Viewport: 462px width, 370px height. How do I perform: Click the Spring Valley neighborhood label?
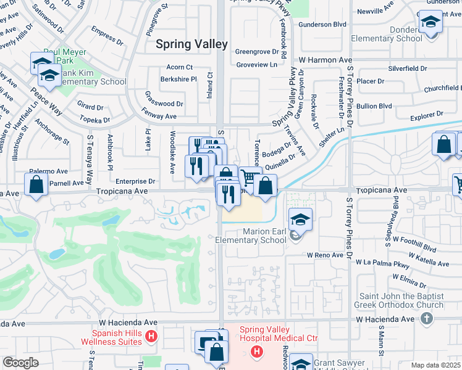point(191,44)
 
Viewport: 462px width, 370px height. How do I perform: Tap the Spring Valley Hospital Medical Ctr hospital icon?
point(256,351)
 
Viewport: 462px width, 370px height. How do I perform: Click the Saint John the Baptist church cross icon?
point(426,319)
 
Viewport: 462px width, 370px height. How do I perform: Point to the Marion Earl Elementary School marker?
point(300,219)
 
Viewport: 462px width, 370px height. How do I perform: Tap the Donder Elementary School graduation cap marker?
point(430,23)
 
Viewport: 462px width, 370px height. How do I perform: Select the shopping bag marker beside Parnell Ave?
point(36,184)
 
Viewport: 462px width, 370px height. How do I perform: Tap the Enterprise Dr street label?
point(135,181)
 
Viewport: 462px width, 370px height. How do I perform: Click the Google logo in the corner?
point(20,363)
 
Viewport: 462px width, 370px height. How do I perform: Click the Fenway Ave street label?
point(159,116)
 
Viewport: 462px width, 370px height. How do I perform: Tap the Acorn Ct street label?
point(180,67)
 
